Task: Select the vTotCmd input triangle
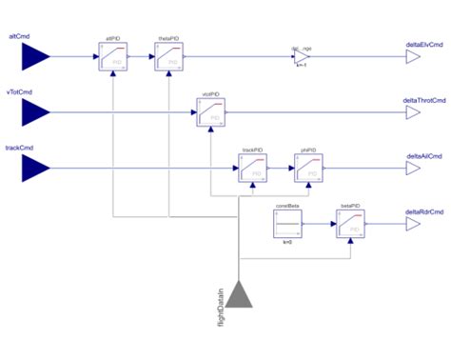35,113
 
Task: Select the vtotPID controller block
210,113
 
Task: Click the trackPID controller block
251,170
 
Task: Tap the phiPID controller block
308,170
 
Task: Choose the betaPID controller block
349,226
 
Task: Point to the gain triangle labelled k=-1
302,57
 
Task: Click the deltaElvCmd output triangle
413,57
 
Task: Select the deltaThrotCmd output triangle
413,113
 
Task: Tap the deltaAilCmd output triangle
413,170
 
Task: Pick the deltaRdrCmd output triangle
413,226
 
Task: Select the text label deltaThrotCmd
424,99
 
